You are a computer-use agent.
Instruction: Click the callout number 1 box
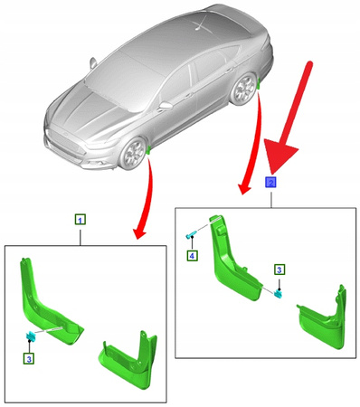tap(80, 220)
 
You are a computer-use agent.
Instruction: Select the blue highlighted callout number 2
tap(270, 182)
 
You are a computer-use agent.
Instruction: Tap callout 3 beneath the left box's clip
tap(30, 359)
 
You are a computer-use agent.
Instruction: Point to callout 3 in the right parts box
tap(279, 270)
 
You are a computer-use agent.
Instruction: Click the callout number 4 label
tap(192, 256)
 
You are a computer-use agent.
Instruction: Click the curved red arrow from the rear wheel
tap(251, 145)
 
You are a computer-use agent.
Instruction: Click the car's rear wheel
tap(243, 88)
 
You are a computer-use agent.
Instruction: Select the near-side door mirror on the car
tap(166, 105)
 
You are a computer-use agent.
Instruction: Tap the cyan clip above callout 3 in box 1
tap(32, 337)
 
